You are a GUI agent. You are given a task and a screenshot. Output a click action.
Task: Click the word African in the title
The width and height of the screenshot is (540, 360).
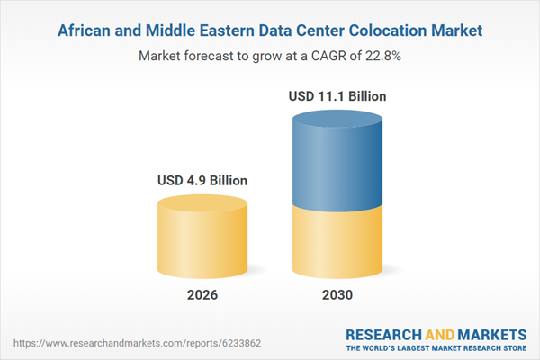pyautogui.click(x=86, y=31)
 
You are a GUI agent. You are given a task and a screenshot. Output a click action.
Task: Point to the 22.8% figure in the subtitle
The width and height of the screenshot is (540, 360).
pyautogui.click(x=382, y=55)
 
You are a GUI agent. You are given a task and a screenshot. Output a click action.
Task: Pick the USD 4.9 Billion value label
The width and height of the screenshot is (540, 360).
pyautogui.click(x=202, y=180)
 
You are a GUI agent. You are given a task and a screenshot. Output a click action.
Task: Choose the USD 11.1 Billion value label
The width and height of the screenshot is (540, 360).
pyautogui.click(x=337, y=95)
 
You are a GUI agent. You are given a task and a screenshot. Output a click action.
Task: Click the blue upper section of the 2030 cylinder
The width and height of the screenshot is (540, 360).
pyautogui.click(x=337, y=162)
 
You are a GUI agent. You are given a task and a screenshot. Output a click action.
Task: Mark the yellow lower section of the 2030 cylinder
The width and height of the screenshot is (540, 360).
pyautogui.click(x=337, y=243)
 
